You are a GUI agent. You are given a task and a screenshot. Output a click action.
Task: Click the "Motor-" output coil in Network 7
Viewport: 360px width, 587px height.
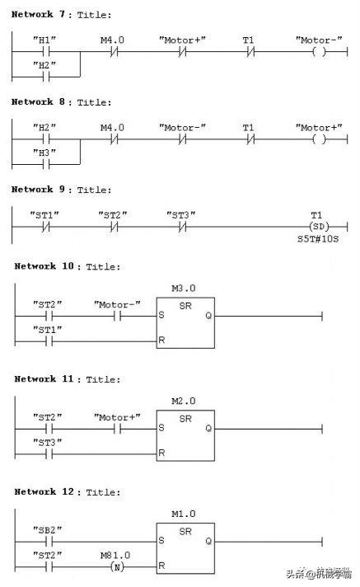coord(319,52)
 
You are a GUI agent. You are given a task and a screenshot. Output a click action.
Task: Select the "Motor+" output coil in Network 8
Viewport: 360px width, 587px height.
coord(319,139)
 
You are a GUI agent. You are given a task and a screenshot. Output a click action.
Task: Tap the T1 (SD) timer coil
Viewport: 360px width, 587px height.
coord(319,227)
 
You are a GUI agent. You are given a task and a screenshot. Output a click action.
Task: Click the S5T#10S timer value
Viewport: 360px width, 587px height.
coord(318,239)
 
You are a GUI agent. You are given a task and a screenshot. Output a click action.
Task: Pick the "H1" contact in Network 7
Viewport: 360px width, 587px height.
coord(46,52)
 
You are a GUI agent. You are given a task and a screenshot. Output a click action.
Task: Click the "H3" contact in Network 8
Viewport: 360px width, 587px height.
coord(46,164)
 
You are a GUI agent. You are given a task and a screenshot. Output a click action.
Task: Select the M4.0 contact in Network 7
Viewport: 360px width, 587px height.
coord(115,52)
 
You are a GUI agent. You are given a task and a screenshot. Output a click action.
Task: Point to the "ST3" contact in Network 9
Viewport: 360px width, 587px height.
coord(182,227)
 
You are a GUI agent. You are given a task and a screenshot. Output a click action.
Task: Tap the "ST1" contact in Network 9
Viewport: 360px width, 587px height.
coord(46,227)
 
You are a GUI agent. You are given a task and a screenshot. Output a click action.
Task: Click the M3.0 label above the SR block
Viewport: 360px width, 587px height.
coord(184,289)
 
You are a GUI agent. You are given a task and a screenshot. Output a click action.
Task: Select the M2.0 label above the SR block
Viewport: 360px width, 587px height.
coord(184,401)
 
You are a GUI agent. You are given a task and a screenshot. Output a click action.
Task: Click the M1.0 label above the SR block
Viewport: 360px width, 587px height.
coord(184,514)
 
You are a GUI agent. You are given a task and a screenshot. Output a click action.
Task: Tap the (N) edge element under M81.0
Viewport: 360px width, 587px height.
coord(117,567)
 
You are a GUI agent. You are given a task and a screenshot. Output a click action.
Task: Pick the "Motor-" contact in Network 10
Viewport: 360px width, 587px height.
coord(118,317)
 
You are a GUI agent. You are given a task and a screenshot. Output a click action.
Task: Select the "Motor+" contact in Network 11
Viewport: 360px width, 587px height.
coord(118,429)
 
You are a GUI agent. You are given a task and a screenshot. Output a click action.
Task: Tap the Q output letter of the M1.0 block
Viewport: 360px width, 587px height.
coord(208,541)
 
